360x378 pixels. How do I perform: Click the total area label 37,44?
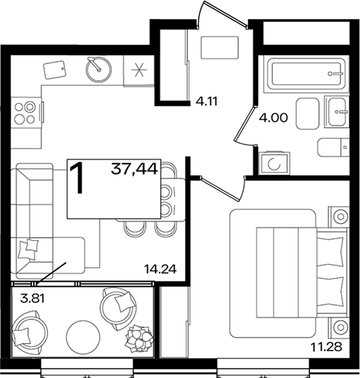point(134,168)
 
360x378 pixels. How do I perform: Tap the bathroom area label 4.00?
point(273,118)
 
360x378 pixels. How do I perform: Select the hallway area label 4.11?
point(206,102)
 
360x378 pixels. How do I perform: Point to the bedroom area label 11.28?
point(326,347)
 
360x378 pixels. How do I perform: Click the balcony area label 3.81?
point(33,299)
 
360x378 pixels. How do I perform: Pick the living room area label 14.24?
point(160,269)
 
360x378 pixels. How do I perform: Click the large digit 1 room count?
point(77,178)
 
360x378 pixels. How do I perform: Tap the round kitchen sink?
point(98,69)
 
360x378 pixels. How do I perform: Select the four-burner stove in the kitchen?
point(25,112)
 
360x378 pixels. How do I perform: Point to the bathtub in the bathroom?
point(306,74)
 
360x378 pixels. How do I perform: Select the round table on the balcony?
point(83,336)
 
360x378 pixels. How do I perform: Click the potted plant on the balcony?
point(140,338)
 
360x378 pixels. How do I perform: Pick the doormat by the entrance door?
point(219,47)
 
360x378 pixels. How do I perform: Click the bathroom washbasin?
point(337,111)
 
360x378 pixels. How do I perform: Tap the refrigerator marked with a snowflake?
point(139,70)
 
